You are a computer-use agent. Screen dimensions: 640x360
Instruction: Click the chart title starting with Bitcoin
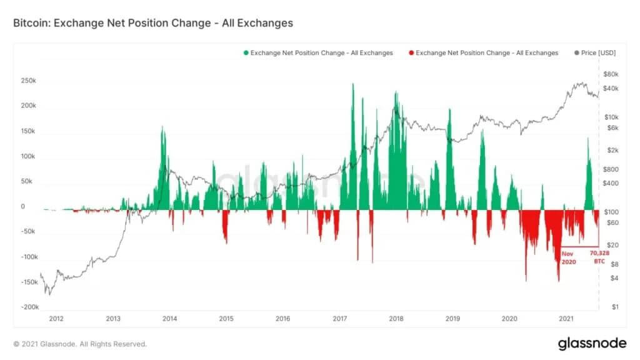pos(153,23)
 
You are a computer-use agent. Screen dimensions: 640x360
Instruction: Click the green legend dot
pos(246,52)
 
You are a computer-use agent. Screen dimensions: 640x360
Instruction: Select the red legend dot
pos(411,52)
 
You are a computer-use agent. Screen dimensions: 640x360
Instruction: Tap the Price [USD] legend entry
pos(595,52)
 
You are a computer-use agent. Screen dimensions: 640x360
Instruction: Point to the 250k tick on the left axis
pos(29,81)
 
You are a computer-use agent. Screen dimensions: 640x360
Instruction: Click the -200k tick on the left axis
pos(30,306)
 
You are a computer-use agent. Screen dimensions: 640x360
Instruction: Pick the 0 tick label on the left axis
pos(23,206)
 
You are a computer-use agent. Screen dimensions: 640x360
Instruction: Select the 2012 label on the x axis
pos(56,318)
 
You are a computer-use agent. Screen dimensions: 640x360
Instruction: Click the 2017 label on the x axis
pos(339,318)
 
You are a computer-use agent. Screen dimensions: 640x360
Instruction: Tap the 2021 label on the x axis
pos(566,318)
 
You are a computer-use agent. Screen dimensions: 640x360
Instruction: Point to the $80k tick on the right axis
pos(611,74)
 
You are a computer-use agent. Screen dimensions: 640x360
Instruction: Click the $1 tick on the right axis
pos(615,307)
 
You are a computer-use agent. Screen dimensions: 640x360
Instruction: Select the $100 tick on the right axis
pos(611,212)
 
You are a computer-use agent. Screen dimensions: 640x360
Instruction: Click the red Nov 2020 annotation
pos(569,257)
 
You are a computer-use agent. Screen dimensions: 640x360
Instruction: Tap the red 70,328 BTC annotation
pos(599,257)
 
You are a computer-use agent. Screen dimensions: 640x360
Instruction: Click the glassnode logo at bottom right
pos(592,343)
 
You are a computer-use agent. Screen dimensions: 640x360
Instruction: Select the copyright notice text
pos(80,344)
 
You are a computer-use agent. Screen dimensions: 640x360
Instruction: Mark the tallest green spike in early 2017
pos(353,84)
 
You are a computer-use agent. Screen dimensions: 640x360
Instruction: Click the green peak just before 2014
pos(162,127)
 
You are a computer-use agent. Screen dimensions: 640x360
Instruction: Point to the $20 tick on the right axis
pos(612,245)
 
